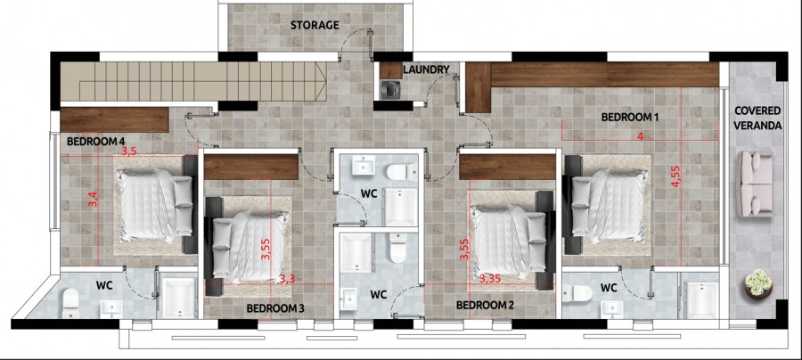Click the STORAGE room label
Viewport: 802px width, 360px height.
315,25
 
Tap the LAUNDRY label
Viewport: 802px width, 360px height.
432,70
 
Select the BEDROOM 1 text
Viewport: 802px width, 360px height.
629,117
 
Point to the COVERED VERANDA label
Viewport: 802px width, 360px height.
757,119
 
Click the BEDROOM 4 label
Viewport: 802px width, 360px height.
95,141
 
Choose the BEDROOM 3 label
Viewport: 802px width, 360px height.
275,308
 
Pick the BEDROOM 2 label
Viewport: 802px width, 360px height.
485,305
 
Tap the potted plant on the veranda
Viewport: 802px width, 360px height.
757,283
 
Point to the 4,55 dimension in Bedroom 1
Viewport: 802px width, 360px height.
676,172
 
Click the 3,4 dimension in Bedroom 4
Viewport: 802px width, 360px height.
92,200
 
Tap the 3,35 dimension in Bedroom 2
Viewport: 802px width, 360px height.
489,279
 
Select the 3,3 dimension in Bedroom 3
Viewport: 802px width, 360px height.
287,279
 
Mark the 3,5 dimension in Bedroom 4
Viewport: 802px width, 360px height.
129,151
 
